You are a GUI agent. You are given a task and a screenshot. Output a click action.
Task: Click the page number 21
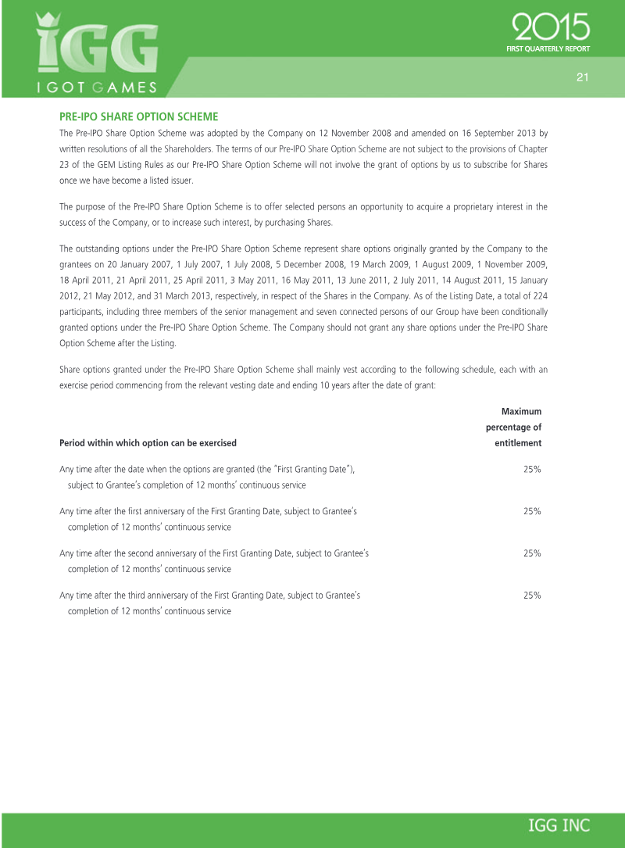581,77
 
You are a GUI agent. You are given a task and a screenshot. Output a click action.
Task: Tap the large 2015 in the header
551,30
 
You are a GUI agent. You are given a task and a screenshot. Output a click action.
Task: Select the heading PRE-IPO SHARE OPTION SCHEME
138,116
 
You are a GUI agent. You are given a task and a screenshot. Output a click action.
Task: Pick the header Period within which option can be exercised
148,443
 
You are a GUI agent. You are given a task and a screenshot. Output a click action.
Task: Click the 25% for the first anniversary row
532,511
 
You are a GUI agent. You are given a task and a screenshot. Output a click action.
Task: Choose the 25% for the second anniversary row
532,553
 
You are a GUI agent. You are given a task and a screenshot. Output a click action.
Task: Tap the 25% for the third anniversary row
532,596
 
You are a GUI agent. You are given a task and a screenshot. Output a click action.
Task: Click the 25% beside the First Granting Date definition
532,469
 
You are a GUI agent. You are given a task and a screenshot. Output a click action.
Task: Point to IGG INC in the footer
559,826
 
